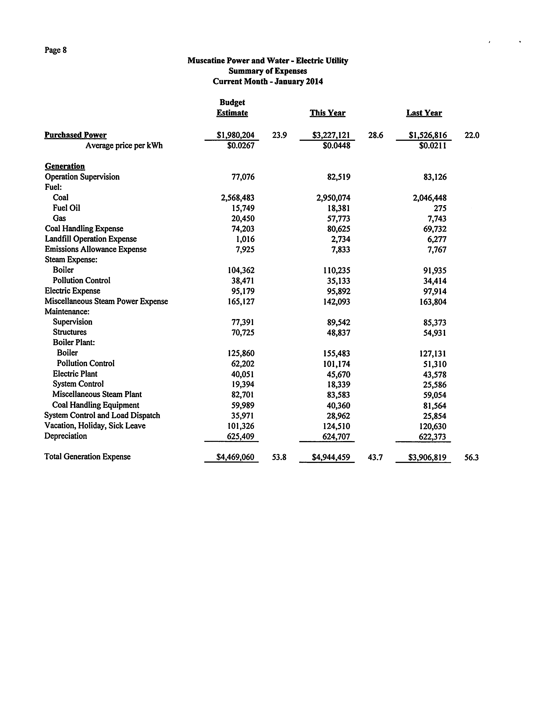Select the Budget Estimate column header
point(232,108)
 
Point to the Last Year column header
point(424,113)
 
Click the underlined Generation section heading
point(65,166)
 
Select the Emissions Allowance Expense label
point(96,249)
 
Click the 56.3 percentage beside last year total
point(471,458)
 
